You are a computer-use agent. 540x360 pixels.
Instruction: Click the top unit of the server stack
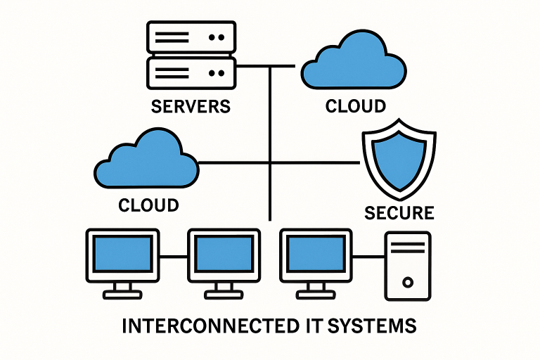190,36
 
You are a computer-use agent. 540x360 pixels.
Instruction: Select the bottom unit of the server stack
190,72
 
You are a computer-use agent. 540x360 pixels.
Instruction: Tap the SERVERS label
191,107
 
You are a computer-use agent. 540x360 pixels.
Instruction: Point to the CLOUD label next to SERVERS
355,106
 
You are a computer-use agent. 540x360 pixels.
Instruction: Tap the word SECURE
399,212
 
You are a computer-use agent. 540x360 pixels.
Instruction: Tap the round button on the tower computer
407,282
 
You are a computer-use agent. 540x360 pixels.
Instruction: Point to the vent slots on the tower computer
407,247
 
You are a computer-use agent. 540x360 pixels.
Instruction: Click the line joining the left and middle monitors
174,257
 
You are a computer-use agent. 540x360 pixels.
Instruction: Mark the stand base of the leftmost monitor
122,294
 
